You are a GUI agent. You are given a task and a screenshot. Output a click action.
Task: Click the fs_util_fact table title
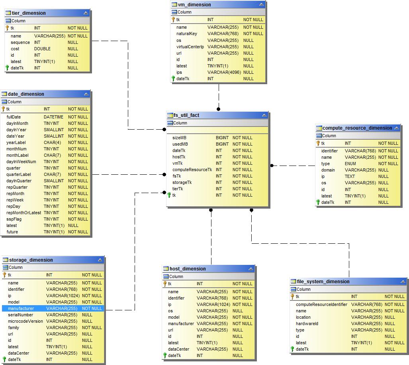click(186, 115)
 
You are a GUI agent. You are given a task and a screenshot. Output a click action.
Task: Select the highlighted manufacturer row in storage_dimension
click(21, 308)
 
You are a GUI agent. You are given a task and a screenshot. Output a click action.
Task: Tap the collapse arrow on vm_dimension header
click(261, 5)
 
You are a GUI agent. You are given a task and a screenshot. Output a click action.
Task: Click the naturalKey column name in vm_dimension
click(187, 34)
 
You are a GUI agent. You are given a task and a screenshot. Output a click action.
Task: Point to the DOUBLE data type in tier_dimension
click(42, 49)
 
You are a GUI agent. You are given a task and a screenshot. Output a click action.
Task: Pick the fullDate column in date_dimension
click(14, 117)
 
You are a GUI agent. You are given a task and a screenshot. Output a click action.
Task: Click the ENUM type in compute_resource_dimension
click(350, 164)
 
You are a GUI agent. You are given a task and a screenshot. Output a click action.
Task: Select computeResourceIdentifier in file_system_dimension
click(321, 304)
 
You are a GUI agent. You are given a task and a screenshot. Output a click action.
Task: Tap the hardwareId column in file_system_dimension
click(307, 324)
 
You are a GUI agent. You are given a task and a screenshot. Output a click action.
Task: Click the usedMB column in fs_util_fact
click(180, 144)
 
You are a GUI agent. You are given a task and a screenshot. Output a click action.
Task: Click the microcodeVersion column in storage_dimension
click(25, 321)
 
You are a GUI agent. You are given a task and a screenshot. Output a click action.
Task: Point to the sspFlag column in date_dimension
click(14, 219)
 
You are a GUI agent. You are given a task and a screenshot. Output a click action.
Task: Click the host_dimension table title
click(188, 269)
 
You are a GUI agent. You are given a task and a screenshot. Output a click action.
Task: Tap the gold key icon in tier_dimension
click(7, 28)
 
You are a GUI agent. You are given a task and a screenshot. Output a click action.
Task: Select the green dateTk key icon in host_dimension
click(164, 355)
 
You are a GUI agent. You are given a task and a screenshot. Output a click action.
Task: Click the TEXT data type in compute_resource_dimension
click(350, 176)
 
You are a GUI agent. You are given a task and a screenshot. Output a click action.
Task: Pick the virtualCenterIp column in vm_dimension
click(190, 47)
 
